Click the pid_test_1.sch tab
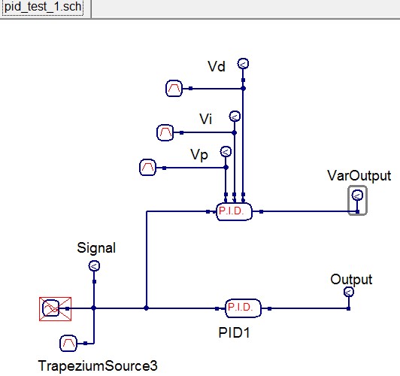pyautogui.click(x=47, y=9)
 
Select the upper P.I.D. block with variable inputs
pyautogui.click(x=234, y=212)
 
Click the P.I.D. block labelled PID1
pyautogui.click(x=244, y=308)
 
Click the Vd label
pyautogui.click(x=217, y=67)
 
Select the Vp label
pyautogui.click(x=199, y=155)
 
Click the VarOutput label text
pyautogui.click(x=359, y=176)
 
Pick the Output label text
pyautogui.click(x=351, y=280)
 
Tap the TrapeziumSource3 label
pyautogui.click(x=98, y=366)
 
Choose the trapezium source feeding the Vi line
pyautogui.click(x=165, y=133)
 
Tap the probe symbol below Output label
pyautogui.click(x=348, y=292)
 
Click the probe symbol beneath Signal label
pyautogui.click(x=94, y=266)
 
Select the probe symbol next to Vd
pyautogui.click(x=243, y=63)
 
